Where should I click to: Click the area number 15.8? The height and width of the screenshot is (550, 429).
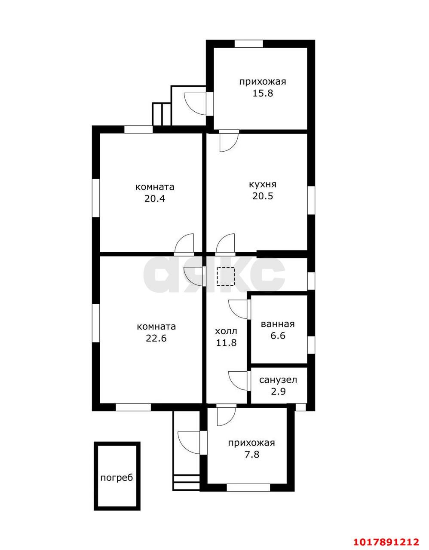tap(263, 93)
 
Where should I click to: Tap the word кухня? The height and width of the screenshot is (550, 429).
tap(263, 184)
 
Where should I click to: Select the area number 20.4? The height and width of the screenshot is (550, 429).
tap(155, 199)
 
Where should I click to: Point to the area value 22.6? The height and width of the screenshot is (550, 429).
tap(156, 338)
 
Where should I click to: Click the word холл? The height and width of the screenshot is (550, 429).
tap(226, 331)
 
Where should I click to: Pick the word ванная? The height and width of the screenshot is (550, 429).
tap(278, 324)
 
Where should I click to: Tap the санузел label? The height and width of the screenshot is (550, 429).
tap(278, 380)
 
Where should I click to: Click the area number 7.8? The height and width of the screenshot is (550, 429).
tap(252, 455)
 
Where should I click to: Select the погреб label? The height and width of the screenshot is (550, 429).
tap(116, 478)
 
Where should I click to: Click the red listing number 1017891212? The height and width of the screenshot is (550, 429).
tap(386, 540)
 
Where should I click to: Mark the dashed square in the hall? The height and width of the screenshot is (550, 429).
tap(226, 277)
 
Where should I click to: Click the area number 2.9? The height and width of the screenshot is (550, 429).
tap(278, 391)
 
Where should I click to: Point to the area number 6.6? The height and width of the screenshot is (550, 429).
tap(278, 336)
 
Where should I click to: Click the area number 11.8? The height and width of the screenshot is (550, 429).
tap(226, 342)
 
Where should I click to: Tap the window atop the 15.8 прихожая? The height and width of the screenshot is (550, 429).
tap(249, 43)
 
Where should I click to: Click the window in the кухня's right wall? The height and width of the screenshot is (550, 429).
tap(311, 200)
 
